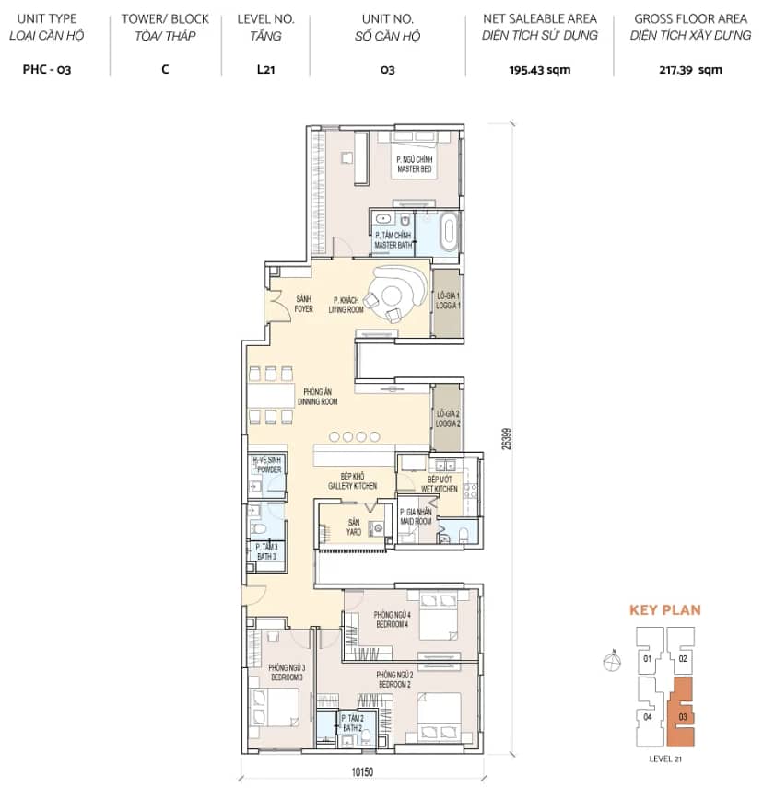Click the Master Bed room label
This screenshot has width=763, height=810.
click(415, 164)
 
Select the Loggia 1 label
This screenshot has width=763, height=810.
click(448, 301)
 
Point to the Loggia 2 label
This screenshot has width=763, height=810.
click(448, 419)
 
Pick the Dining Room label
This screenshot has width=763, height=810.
click(318, 397)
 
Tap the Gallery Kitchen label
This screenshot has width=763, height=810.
click(352, 480)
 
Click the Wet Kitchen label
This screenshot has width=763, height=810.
click(440, 484)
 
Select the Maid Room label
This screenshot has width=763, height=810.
click(416, 516)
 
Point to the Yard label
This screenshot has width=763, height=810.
click(354, 527)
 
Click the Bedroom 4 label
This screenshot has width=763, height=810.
click(393, 619)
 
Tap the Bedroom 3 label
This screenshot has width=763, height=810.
click(287, 673)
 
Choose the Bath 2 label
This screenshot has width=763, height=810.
click(352, 723)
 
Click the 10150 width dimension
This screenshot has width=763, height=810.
click(362, 772)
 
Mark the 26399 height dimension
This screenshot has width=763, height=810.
click(507, 438)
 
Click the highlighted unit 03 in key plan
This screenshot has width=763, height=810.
click(681, 712)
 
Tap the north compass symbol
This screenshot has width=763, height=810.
click(612, 661)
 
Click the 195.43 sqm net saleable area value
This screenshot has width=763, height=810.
click(539, 70)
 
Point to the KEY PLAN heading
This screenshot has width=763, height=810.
click(664, 610)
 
